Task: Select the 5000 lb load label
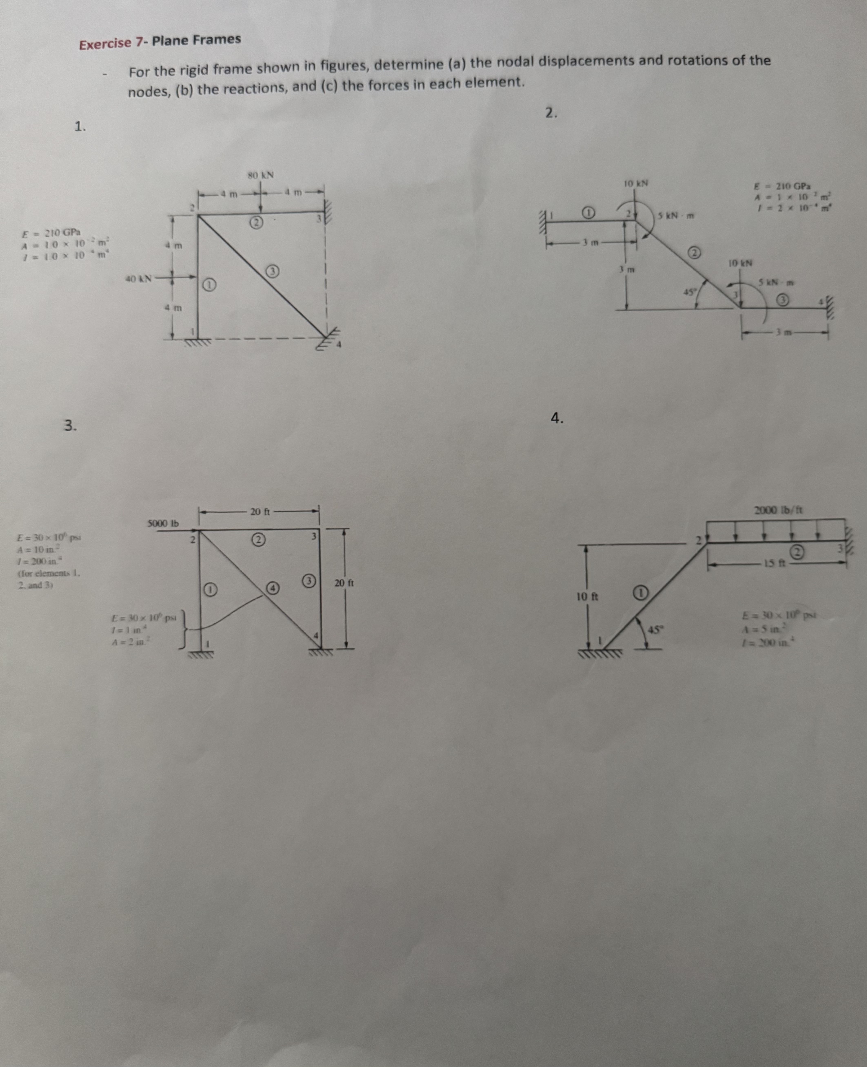[x=163, y=523]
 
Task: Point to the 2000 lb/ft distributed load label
[x=778, y=510]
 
